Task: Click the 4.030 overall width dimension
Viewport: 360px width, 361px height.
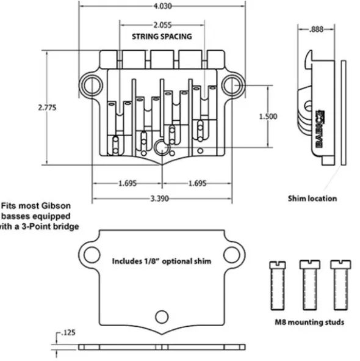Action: [163, 6]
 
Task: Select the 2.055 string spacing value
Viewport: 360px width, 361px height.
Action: [162, 25]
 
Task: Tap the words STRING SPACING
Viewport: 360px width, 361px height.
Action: [162, 37]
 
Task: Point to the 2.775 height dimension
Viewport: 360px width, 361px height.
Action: [47, 108]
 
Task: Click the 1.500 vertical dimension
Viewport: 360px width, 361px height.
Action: [268, 117]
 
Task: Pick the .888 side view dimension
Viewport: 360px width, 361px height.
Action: [316, 29]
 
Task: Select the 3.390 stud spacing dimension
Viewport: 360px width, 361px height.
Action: [159, 199]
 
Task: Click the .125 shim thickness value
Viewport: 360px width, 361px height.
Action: [68, 333]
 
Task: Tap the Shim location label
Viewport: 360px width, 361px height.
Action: [312, 199]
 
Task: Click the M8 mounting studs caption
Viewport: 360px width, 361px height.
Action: [309, 322]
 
